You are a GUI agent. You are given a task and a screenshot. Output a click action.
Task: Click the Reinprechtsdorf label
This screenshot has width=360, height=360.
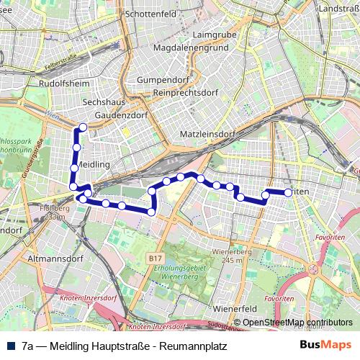coord(186,93)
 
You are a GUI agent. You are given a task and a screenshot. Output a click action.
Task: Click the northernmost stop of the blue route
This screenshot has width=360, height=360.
coord(83,127)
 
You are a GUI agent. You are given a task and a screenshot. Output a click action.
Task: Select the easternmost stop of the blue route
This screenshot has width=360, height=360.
coord(288,192)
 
